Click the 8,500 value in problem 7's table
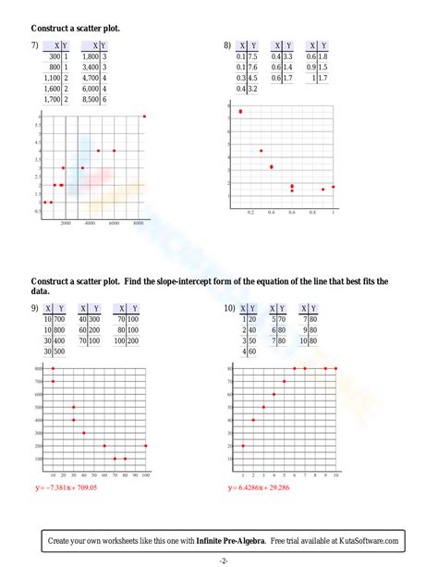pos(91,98)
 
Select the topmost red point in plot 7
pos(144,117)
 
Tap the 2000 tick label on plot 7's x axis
pos(66,224)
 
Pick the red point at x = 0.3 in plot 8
pos(261,151)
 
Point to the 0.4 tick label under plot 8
pos(271,213)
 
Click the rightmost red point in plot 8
pos(334,187)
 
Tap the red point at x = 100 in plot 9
pos(146,446)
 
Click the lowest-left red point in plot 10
pos(243,446)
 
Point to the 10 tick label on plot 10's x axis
pos(335,475)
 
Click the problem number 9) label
pos(34,308)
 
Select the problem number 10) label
pos(229,308)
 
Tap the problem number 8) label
pos(226,45)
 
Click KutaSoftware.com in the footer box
pos(366,541)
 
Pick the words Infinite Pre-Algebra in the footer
pos(226,541)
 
